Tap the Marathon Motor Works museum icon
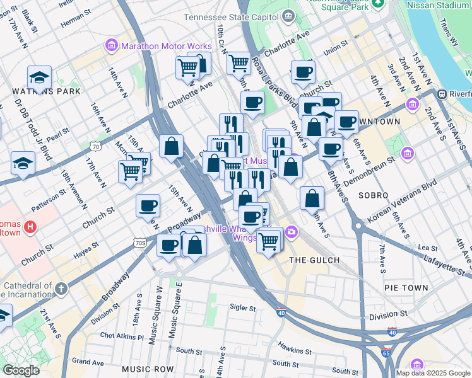(x=112, y=46)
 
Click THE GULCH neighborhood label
(x=314, y=260)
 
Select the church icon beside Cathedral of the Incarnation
(x=61, y=289)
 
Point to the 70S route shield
(x=140, y=241)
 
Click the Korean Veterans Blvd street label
(x=403, y=199)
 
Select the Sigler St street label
(x=242, y=309)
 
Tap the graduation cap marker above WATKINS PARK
(x=39, y=77)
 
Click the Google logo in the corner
(x=21, y=370)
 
